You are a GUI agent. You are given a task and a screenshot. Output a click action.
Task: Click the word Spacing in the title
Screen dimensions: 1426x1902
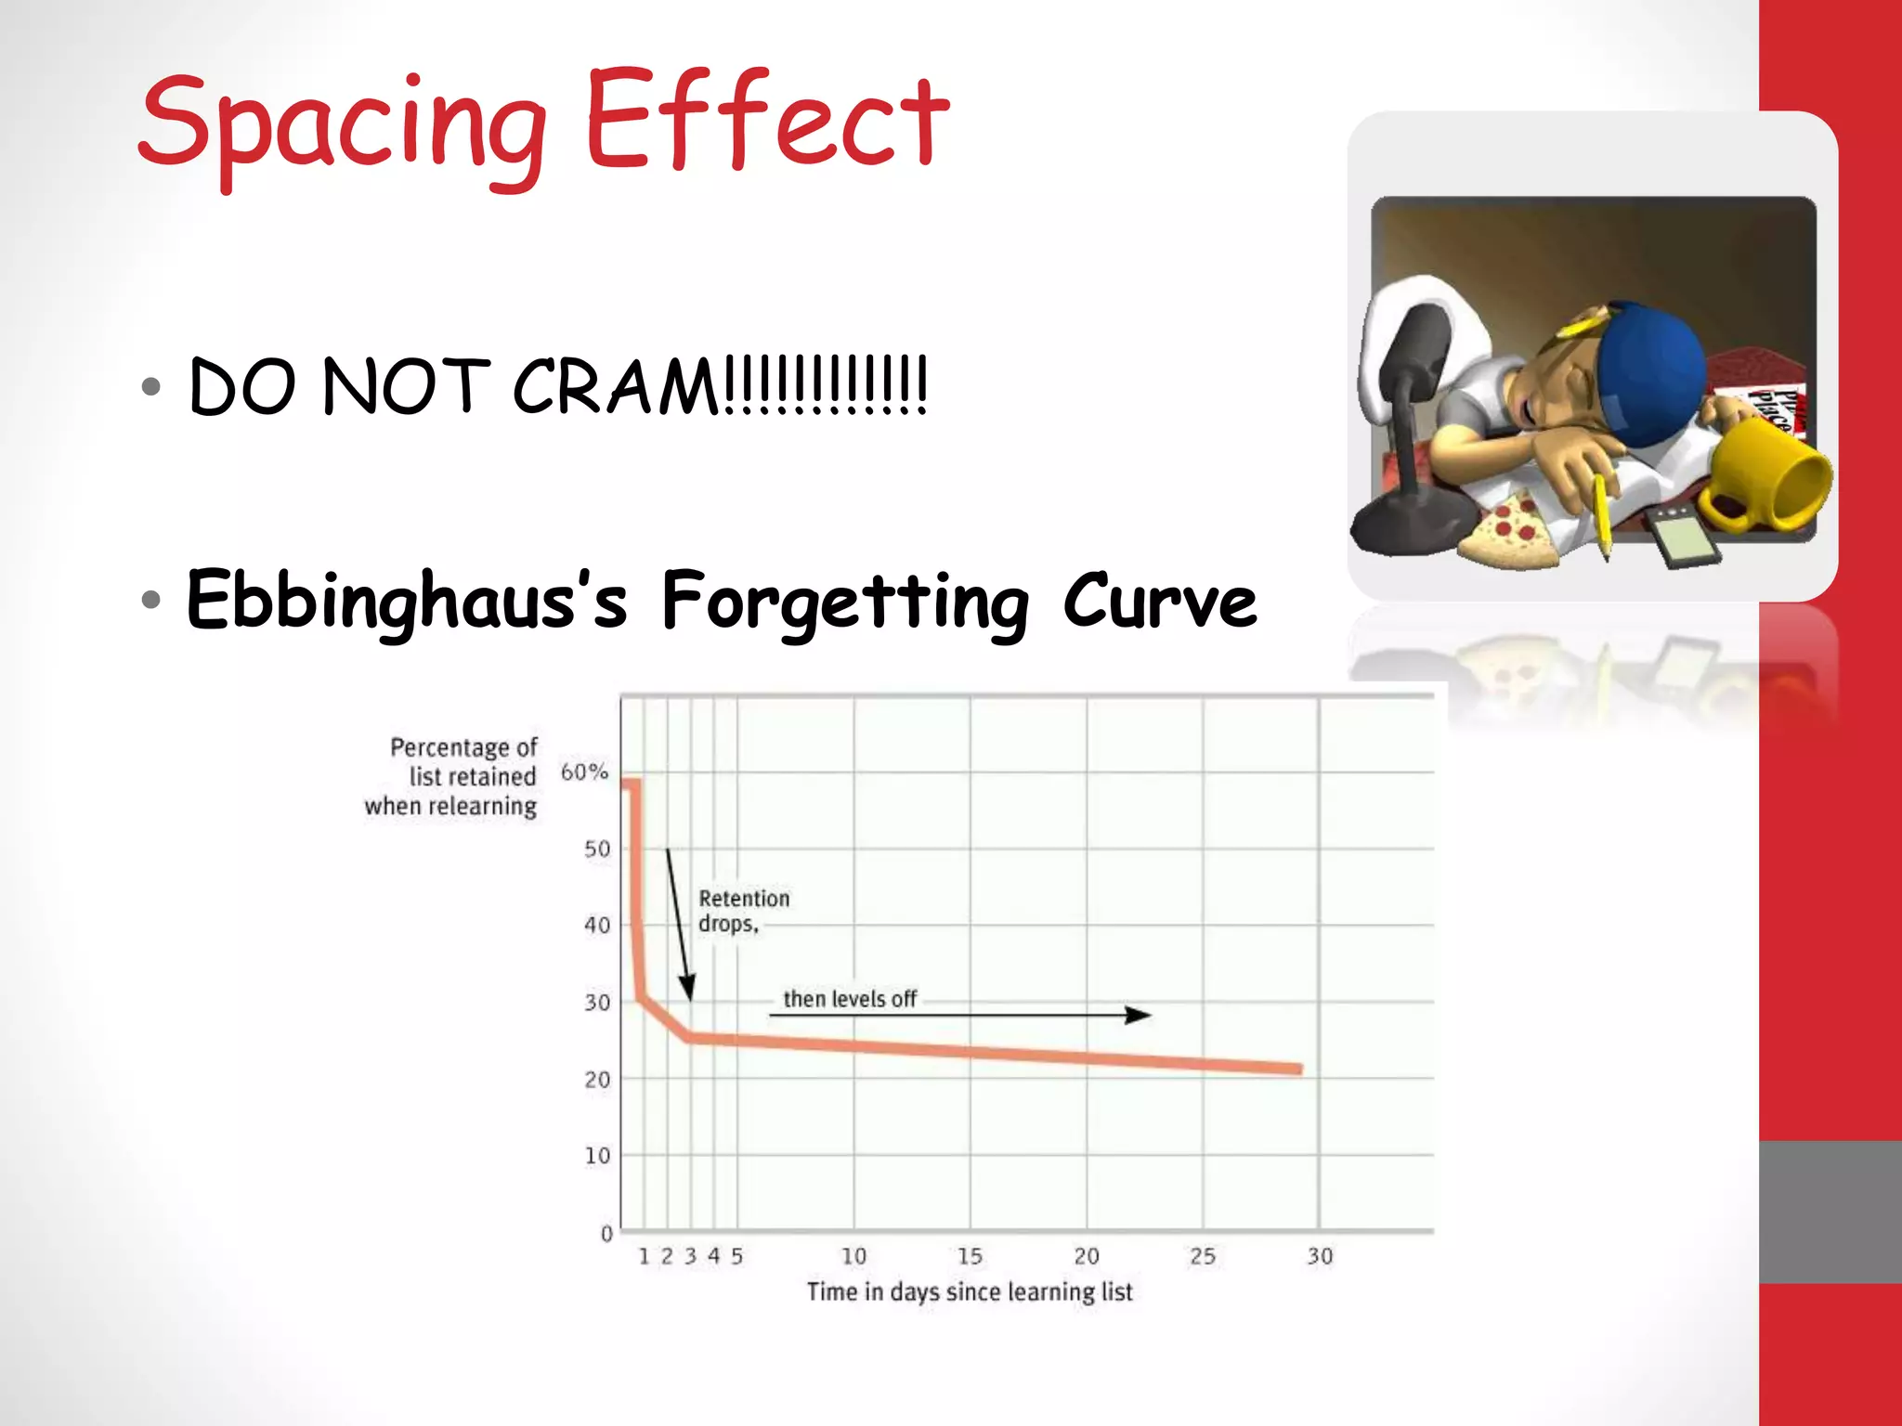point(342,125)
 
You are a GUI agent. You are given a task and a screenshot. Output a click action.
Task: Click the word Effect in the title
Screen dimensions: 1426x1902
point(767,121)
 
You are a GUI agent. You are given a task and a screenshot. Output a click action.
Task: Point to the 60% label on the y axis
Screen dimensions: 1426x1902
point(584,771)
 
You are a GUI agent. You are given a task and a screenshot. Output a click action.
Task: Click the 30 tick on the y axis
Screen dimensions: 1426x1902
point(597,1003)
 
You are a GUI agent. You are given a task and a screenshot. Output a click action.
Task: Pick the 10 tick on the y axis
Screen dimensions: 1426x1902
point(597,1156)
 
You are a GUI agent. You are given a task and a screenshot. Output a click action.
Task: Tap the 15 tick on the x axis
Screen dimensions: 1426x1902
point(970,1256)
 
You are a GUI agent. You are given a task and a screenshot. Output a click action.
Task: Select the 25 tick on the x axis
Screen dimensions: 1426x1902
point(1203,1256)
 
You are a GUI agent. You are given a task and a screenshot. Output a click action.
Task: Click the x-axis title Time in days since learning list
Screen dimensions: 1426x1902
point(970,1291)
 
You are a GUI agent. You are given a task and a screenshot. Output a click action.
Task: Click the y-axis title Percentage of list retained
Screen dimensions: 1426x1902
point(452,776)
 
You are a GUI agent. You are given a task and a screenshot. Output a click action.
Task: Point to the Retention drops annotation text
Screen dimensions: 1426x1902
point(743,911)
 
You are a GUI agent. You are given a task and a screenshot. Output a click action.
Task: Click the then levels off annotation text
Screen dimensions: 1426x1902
point(850,999)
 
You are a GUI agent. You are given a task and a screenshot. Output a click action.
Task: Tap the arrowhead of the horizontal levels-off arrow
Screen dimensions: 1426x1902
point(1139,1015)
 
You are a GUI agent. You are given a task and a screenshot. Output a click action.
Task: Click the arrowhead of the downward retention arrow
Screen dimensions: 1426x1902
point(687,988)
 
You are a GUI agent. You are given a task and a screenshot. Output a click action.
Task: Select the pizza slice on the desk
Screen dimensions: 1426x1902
point(1509,533)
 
